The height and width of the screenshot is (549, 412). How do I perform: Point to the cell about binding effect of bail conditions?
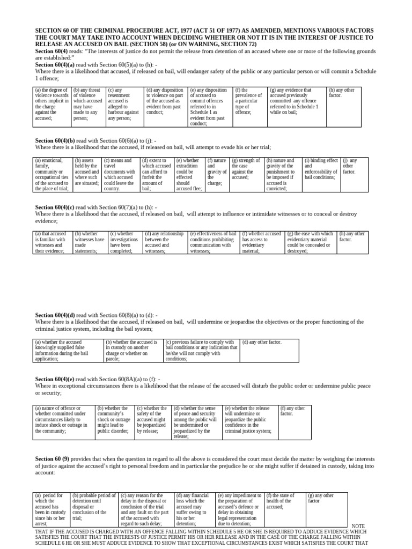(x=321, y=168)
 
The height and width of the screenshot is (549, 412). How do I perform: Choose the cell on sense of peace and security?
(x=195, y=422)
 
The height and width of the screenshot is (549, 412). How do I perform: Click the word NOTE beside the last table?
(x=358, y=526)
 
